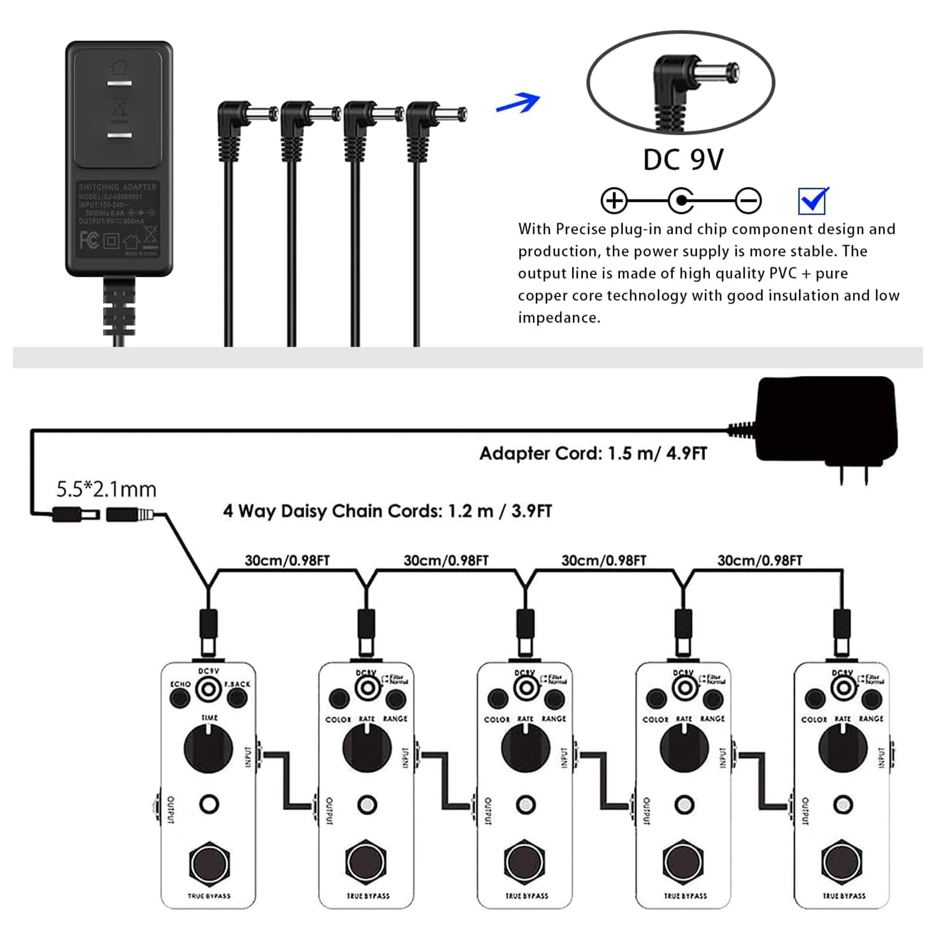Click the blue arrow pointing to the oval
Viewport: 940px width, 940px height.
click(518, 103)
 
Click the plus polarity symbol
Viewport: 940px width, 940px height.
click(613, 201)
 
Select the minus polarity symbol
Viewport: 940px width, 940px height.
click(748, 201)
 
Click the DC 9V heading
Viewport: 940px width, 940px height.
click(683, 160)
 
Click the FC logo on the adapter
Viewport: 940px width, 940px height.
click(89, 240)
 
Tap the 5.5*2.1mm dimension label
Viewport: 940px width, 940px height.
click(106, 489)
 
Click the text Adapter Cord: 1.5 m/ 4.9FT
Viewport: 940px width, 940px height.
click(593, 454)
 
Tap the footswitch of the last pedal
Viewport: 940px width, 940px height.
click(842, 862)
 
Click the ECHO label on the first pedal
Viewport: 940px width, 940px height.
click(180, 684)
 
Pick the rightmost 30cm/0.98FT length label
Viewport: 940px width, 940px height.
click(759, 560)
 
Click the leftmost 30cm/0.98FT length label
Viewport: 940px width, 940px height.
click(287, 560)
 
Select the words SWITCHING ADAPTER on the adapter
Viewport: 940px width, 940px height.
click(118, 187)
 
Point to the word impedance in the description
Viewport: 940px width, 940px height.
click(559, 318)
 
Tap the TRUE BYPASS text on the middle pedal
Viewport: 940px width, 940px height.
click(526, 896)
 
